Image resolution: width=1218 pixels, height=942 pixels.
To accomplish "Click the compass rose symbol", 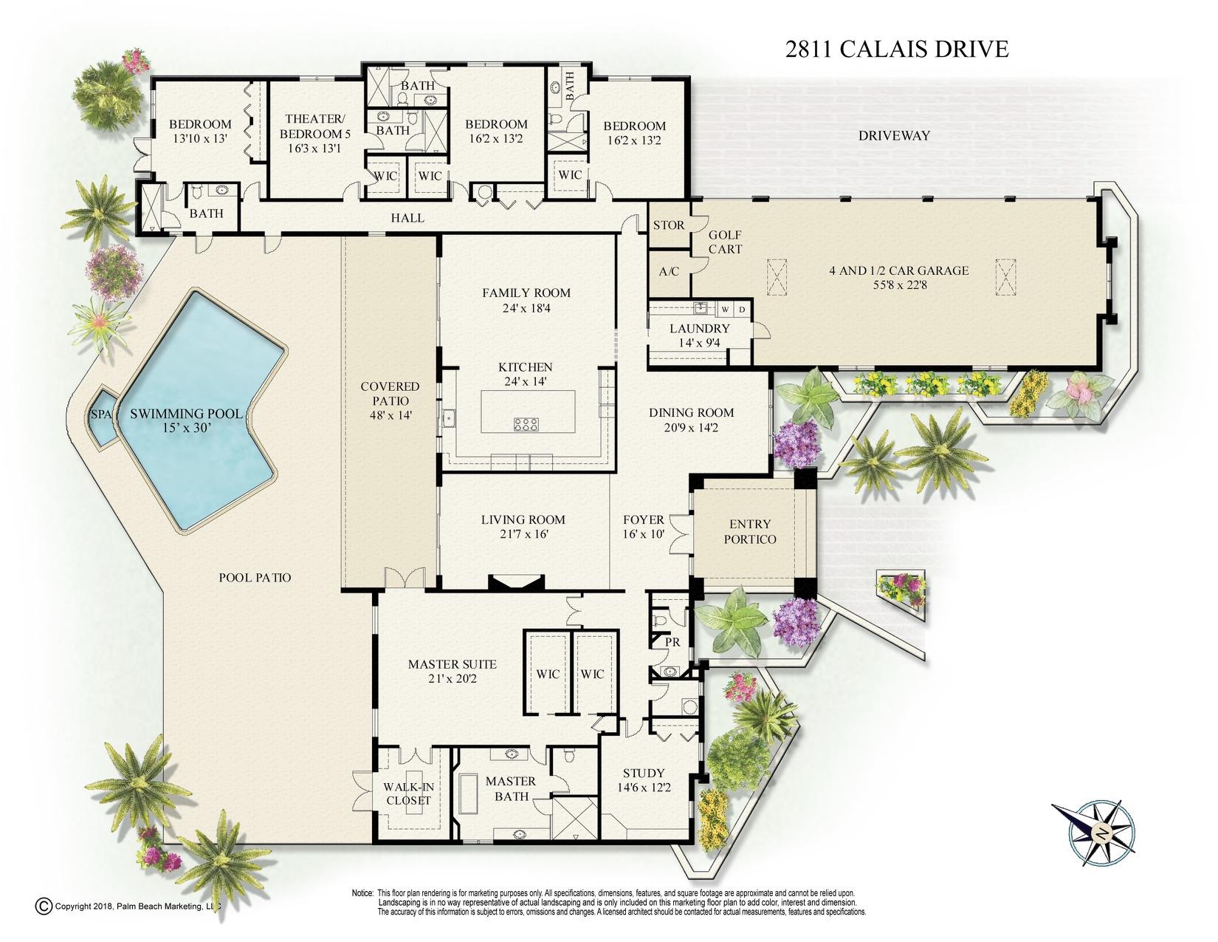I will coord(1100,833).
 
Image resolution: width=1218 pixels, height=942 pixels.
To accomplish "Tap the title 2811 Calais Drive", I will coord(896,50).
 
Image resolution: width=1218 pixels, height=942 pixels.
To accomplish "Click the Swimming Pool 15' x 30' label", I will coord(186,420).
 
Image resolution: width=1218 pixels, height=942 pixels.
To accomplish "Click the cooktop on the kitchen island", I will coord(526,423).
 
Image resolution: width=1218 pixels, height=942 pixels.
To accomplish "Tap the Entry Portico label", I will coord(749,532).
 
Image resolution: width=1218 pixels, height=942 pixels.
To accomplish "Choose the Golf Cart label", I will coord(725,242).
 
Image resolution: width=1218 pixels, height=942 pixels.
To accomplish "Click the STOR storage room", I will coord(668,225).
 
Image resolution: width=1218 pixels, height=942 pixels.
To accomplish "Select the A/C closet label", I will coord(668,271).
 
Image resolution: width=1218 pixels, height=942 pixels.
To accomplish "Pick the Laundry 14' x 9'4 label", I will coord(699,335).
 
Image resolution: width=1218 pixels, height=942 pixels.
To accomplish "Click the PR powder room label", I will coord(672,642).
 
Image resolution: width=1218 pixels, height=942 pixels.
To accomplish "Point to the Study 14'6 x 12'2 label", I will coord(644,780).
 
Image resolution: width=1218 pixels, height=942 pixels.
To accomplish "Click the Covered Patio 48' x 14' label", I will coord(390,400).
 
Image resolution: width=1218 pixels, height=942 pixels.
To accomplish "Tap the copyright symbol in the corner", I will coord(44,906).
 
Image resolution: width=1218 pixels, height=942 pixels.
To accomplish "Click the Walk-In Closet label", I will coord(407,793).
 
